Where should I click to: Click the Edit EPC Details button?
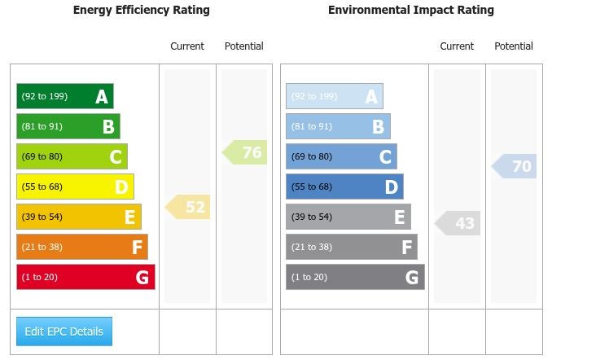(64, 331)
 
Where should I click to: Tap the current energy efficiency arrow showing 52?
(189, 207)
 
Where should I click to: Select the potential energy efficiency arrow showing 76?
(246, 152)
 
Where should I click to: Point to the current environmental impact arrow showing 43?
(458, 223)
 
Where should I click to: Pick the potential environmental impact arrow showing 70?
(515, 166)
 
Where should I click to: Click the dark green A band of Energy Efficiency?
(64, 96)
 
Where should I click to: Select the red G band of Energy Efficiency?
(85, 277)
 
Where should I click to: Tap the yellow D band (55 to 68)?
(75, 187)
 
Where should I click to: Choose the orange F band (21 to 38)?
(81, 247)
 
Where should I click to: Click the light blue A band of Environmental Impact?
(334, 96)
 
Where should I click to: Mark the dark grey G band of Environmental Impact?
(355, 277)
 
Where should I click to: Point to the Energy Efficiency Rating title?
(141, 11)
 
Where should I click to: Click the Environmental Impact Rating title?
(410, 11)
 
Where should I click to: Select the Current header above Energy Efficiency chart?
(187, 46)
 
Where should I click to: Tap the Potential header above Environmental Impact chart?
(514, 46)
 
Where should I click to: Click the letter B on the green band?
(108, 127)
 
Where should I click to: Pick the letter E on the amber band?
(129, 217)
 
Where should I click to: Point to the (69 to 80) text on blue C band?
(312, 156)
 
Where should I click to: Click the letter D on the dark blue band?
(392, 187)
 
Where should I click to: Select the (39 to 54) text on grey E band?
(312, 217)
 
